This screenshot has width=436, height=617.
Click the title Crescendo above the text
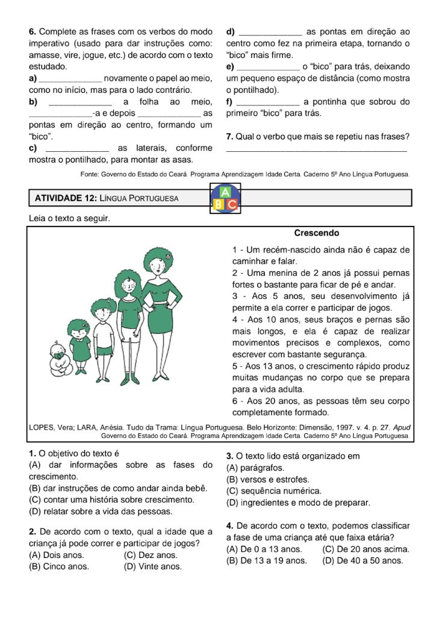point(316,233)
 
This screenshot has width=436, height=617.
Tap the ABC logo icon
point(225,198)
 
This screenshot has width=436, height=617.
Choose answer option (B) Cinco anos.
point(59,566)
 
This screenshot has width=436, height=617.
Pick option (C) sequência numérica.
point(273,491)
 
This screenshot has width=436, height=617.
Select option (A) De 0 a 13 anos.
point(264,549)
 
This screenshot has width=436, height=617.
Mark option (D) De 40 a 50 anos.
point(363,560)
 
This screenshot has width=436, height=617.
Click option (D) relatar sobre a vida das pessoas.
point(101,512)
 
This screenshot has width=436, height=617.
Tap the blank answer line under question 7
point(316,149)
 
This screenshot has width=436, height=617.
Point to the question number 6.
point(33,31)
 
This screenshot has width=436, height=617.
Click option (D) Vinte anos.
point(151,566)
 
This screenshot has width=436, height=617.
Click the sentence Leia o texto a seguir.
point(69,218)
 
